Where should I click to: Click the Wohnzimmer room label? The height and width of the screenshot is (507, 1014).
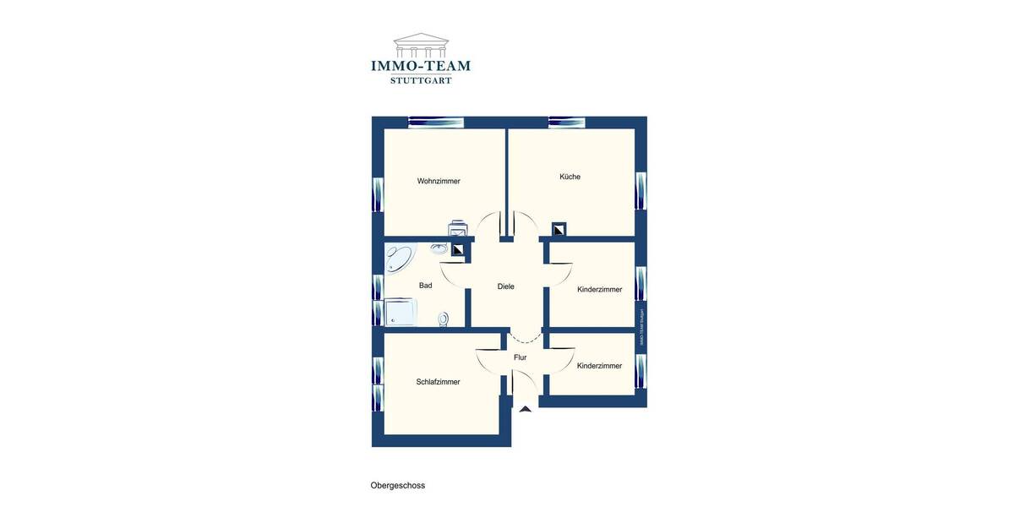coord(439,181)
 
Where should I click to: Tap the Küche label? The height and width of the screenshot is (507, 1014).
coord(570,177)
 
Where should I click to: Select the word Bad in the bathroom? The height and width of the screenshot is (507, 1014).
coord(425,286)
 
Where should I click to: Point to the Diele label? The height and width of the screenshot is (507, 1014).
coord(505,286)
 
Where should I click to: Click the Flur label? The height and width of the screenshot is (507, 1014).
coord(520,357)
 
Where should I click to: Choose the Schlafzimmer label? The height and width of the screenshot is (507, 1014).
coord(438,382)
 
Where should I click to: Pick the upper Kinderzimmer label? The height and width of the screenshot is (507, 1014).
coord(599,290)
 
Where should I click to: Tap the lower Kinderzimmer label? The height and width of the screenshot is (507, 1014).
coord(599,366)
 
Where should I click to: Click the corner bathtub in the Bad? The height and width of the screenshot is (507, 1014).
coord(398,257)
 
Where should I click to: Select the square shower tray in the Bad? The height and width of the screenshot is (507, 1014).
coord(401,312)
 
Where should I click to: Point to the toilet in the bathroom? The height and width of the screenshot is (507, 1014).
coord(444,319)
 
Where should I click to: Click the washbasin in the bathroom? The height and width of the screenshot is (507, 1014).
coord(439,248)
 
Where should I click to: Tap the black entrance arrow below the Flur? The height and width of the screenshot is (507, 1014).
coord(526,409)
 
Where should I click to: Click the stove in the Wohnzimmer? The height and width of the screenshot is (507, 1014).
coord(458,230)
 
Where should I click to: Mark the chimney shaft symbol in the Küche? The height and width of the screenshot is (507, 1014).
coord(559,229)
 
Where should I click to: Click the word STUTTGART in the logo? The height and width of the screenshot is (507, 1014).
coord(420,80)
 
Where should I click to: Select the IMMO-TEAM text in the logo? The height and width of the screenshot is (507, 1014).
coord(420,65)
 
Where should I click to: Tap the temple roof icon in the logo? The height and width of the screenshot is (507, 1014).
coord(420,45)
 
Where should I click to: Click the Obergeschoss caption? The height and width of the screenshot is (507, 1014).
coord(397,486)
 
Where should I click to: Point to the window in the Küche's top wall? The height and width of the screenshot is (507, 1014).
coord(566,123)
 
